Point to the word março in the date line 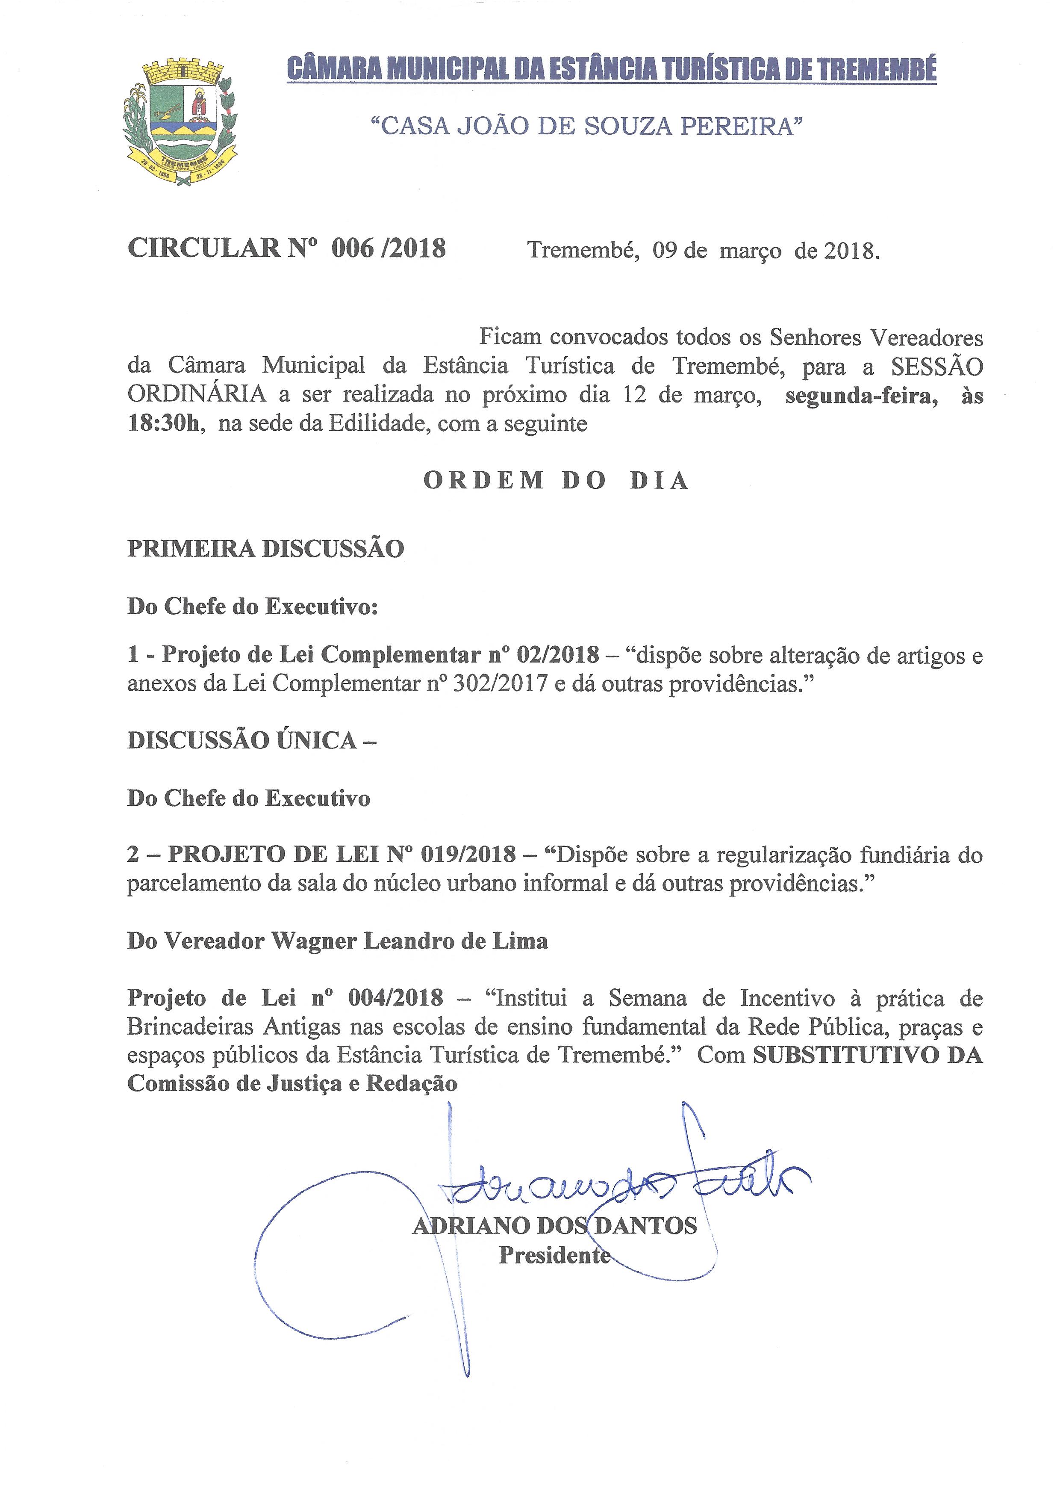[750, 251]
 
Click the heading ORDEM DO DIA [556, 481]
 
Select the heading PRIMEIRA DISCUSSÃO [266, 549]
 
